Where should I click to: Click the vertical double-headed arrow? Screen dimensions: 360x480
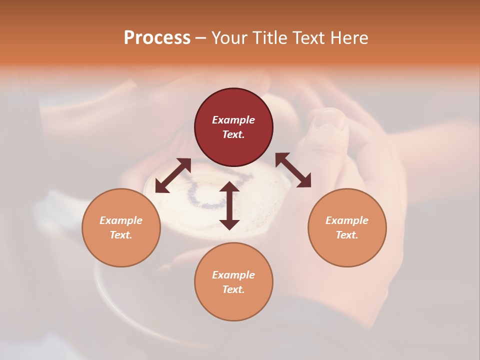coord(229,205)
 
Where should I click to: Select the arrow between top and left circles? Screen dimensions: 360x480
coord(173,175)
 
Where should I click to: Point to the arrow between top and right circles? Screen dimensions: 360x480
coord(293,170)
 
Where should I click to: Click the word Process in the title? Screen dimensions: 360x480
coord(157,37)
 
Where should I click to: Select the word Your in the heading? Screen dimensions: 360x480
coord(229,38)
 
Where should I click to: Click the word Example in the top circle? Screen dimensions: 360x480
coord(233,120)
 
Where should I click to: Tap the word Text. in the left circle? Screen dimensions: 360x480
coord(121,235)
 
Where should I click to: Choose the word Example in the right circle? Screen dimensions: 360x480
coord(347,220)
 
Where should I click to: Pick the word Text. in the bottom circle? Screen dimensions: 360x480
coord(233,289)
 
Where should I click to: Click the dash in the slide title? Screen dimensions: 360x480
coord(201,38)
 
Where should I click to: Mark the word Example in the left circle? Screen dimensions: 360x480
coord(121,220)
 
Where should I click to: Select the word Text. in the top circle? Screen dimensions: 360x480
coord(233,134)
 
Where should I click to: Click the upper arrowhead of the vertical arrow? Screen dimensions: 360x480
coord(229,186)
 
